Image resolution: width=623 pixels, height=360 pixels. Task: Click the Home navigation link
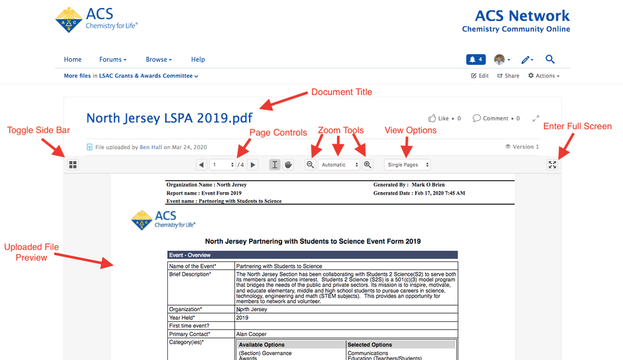click(x=72, y=60)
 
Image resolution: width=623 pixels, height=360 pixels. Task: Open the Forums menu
click(x=112, y=60)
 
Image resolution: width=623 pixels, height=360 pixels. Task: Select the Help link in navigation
click(x=198, y=60)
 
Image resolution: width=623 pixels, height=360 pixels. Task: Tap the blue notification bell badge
click(x=476, y=60)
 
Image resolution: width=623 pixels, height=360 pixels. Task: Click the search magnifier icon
click(x=550, y=59)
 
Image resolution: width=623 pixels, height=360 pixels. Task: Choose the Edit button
click(x=479, y=76)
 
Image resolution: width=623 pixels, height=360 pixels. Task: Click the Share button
click(x=508, y=76)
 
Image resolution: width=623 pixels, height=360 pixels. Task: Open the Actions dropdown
click(x=543, y=76)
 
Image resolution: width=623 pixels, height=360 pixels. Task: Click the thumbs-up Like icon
click(x=431, y=118)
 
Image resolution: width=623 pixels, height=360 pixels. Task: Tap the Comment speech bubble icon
click(x=476, y=118)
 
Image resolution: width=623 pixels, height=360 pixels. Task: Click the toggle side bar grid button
click(x=72, y=165)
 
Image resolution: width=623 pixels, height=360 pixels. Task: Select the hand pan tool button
click(x=288, y=165)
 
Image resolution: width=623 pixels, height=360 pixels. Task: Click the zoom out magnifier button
click(x=310, y=165)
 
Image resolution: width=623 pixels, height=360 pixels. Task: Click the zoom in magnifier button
click(x=368, y=165)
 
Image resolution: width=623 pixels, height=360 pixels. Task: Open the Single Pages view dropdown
click(x=408, y=165)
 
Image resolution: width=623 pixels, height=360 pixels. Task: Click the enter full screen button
click(x=552, y=165)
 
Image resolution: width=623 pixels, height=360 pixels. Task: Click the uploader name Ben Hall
click(x=150, y=147)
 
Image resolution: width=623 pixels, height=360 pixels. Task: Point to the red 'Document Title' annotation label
click(x=341, y=92)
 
